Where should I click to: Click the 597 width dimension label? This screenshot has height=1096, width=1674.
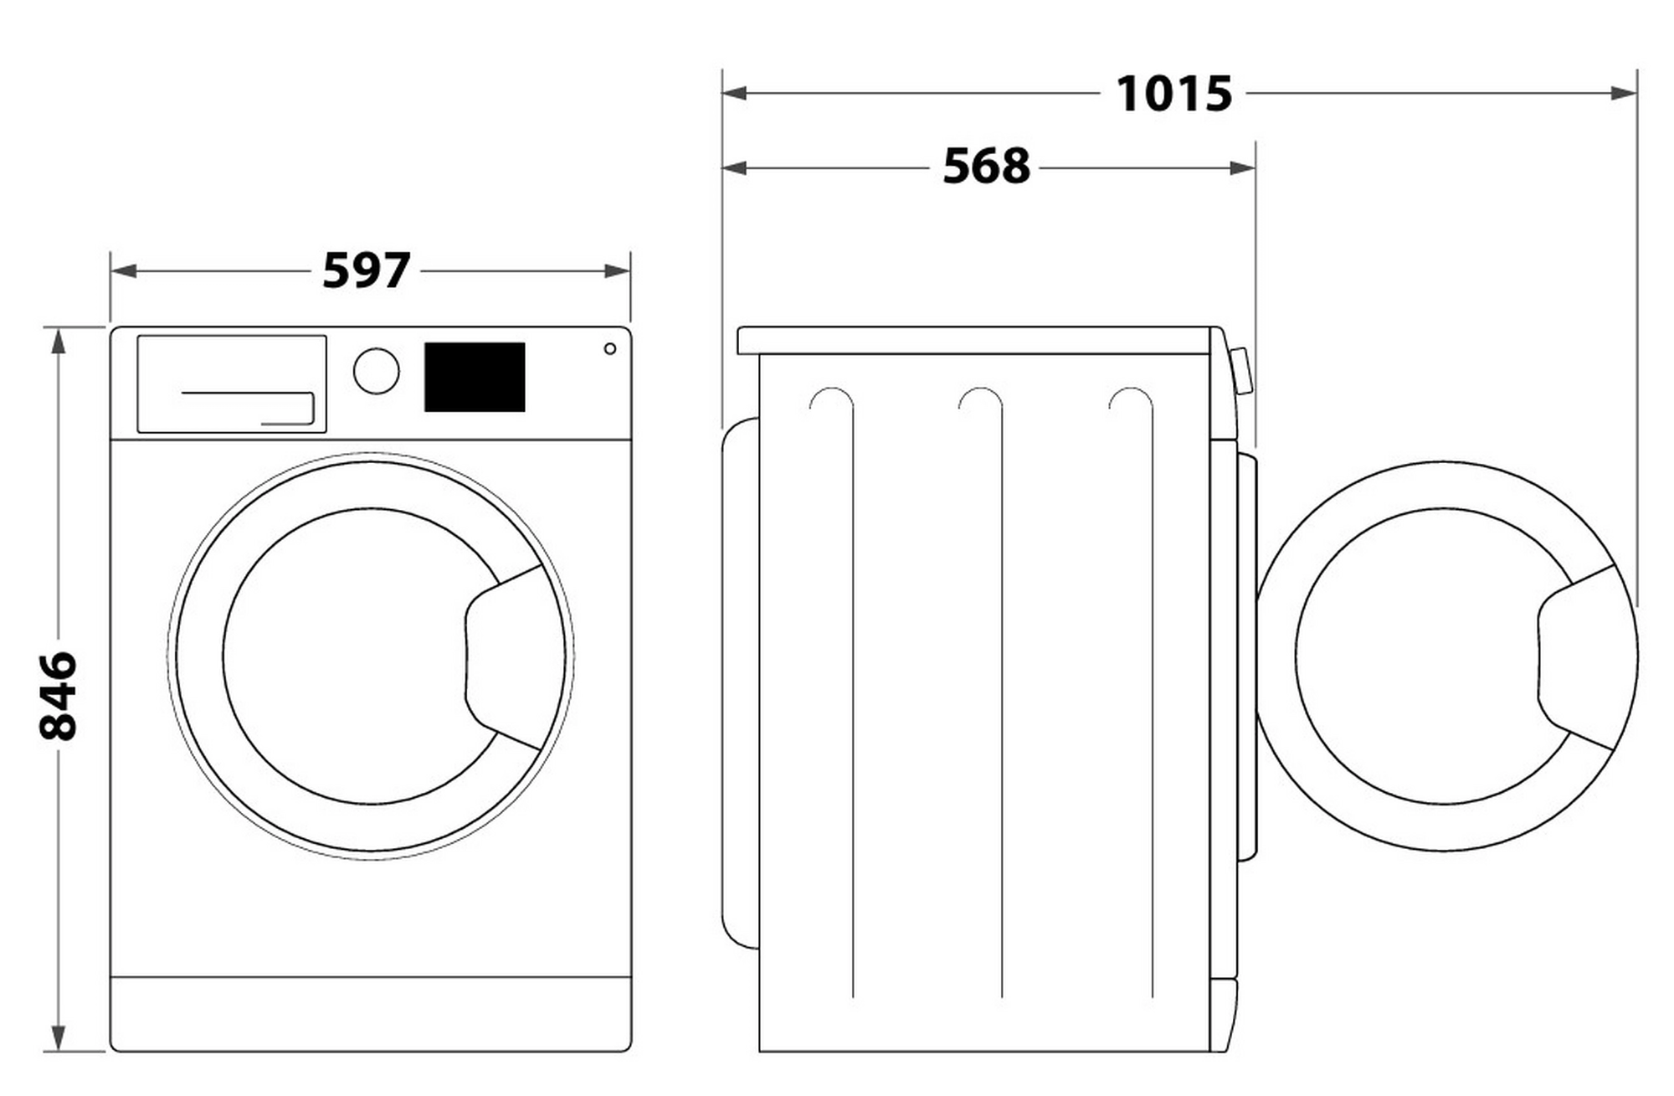point(367,270)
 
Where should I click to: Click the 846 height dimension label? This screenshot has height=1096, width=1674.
point(58,696)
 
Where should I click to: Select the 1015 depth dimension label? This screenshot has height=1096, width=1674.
point(1173,93)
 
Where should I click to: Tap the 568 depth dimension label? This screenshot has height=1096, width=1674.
point(986,167)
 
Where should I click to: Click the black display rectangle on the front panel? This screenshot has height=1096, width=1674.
point(475,377)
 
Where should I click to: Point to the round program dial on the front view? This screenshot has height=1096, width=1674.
point(377,371)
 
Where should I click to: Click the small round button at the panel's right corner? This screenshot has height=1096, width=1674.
point(610,348)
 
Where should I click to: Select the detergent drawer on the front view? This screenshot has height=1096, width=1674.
point(232,384)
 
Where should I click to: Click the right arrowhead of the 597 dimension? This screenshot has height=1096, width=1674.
point(617,270)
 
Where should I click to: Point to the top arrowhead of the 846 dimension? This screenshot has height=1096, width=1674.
point(58,341)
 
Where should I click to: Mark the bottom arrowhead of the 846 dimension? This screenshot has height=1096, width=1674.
point(58,1038)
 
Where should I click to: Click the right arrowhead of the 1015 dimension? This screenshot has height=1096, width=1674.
point(1624,92)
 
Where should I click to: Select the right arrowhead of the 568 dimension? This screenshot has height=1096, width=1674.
point(1242,167)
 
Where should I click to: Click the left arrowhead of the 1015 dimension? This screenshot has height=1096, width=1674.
point(735,92)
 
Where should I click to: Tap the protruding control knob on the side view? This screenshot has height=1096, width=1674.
point(1242,371)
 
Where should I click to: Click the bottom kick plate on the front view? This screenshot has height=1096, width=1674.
point(371,1014)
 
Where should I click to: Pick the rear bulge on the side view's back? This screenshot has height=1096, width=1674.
point(741,683)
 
